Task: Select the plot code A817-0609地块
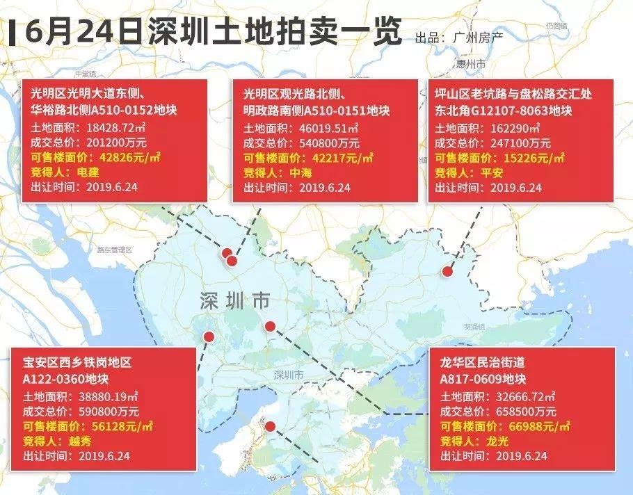coord(482,379)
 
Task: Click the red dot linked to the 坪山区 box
coord(449,273)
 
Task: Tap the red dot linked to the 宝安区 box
coord(208,337)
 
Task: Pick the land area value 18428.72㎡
coord(105,128)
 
